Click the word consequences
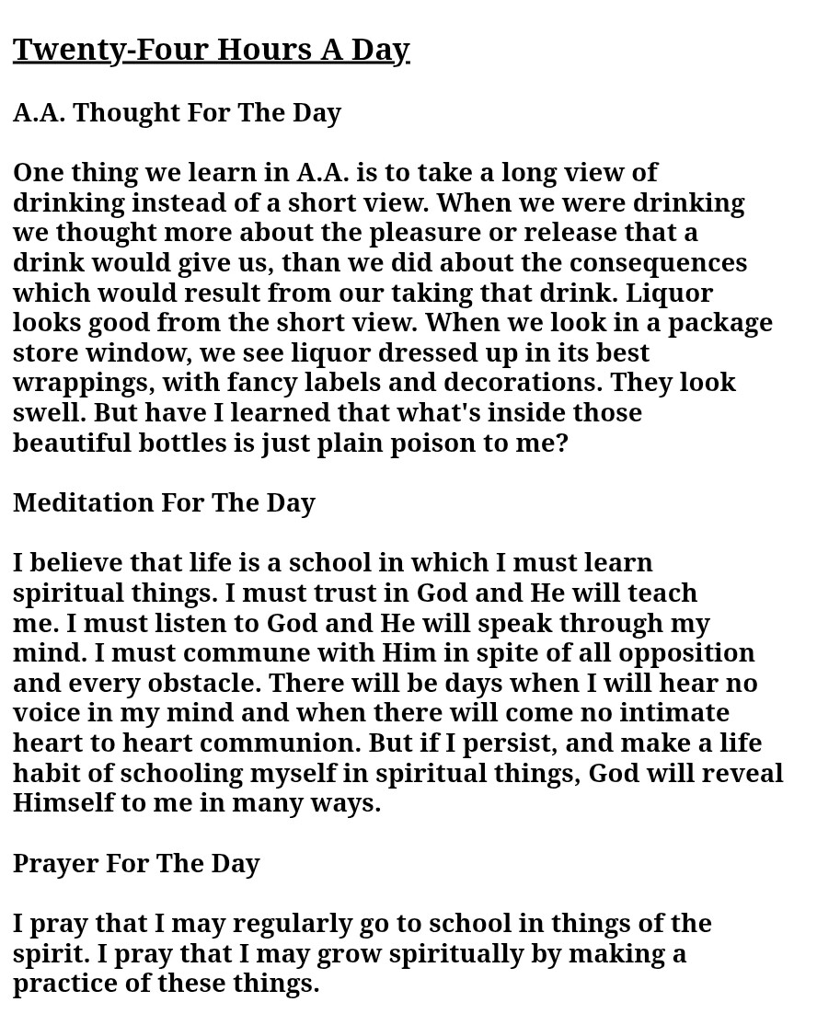point(658,262)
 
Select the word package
point(719,323)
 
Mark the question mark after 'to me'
point(562,443)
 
